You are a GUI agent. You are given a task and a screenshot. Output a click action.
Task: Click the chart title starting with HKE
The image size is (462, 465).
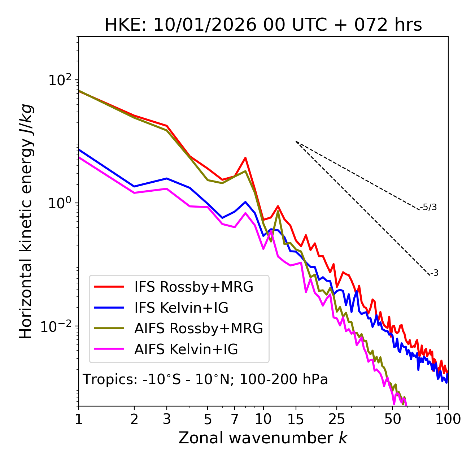coord(263,25)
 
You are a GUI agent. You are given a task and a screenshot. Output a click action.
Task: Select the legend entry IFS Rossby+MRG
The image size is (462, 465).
coord(193,287)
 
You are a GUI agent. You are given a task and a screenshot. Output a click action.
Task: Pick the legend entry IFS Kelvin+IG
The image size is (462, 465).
coord(181,308)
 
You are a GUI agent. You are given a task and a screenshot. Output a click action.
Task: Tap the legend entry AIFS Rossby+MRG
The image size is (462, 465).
coord(199,329)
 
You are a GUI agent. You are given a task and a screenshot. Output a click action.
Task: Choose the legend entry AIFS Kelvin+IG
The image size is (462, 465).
coord(186,349)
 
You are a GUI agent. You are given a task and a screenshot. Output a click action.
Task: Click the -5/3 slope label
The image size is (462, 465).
coord(428,208)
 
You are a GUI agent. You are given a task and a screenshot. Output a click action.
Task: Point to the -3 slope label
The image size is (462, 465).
coord(434,273)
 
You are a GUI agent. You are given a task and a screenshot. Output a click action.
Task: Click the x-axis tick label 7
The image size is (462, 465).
coord(235,420)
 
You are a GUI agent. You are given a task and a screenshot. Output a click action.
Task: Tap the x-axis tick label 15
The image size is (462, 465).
coord(296,420)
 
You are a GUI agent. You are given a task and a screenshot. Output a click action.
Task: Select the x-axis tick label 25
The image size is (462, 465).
coord(337,420)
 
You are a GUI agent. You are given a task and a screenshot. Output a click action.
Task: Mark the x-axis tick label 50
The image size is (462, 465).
coord(392,420)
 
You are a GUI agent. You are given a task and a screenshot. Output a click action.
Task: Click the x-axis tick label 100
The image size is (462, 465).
coord(448,420)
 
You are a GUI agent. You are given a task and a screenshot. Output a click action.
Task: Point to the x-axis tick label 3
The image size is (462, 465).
coord(167,420)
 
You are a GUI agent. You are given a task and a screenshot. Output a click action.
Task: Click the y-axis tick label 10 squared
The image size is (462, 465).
coord(59,80)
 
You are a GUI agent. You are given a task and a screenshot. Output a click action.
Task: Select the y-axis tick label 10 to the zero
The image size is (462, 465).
coord(59,203)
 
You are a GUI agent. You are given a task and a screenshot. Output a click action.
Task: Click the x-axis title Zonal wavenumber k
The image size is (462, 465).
coord(263,438)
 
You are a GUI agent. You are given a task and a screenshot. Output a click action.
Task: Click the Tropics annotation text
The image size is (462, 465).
coord(205,380)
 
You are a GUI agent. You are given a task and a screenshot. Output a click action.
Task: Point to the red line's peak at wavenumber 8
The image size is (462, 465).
coord(245,158)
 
